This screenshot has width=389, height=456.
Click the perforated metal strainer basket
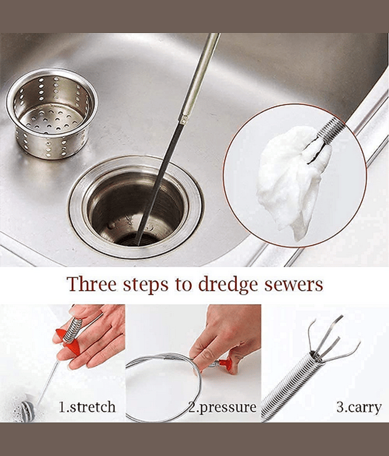click(x=52, y=113)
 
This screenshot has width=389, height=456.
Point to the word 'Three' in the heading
click(x=92, y=283)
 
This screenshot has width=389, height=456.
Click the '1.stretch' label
click(x=87, y=407)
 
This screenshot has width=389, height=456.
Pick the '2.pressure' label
click(x=223, y=408)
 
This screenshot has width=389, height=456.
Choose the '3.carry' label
click(x=359, y=408)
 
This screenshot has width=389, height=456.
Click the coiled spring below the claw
click(x=290, y=387)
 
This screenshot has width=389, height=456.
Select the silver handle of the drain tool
click(x=200, y=76)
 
